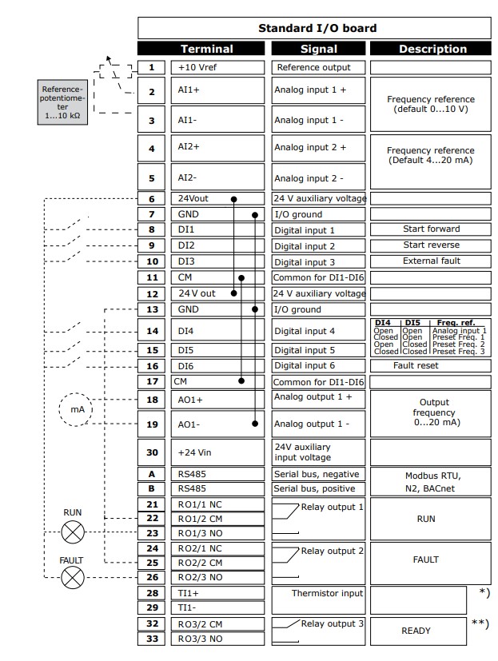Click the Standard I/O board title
pyautogui.click(x=317, y=28)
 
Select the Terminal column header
pyautogui.click(x=206, y=49)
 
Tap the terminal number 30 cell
pyautogui.click(x=151, y=452)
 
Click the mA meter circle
pyautogui.click(x=76, y=409)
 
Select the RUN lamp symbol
pyautogui.click(x=73, y=529)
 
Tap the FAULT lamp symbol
pyautogui.click(x=73, y=577)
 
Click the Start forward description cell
pyautogui.click(x=432, y=229)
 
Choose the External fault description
pyautogui.click(x=432, y=261)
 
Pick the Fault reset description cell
pyautogui.click(x=432, y=365)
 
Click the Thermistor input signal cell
pyautogui.click(x=319, y=593)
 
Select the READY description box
pyautogui.click(x=416, y=630)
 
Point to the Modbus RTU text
pyautogui.click(x=432, y=476)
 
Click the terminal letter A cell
pyautogui.click(x=151, y=474)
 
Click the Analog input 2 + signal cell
pyautogui.click(x=319, y=148)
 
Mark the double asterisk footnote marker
pyautogui.click(x=480, y=623)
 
